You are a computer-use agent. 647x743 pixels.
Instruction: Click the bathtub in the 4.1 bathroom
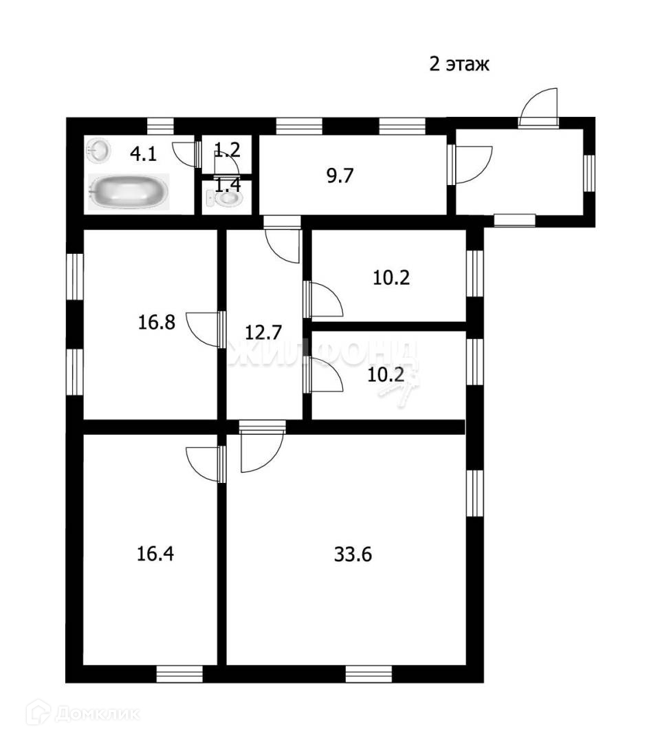point(128,191)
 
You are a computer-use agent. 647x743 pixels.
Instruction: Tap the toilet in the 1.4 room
point(224,198)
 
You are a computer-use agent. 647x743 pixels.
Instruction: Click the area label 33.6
point(353,554)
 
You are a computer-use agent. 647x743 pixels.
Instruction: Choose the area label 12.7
point(263,333)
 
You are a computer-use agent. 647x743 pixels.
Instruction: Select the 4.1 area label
point(144,153)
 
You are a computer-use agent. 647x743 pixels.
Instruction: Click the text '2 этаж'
point(459,65)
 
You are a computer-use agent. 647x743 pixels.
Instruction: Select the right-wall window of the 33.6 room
point(474,491)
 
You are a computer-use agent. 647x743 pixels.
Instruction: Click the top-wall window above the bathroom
point(160,126)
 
